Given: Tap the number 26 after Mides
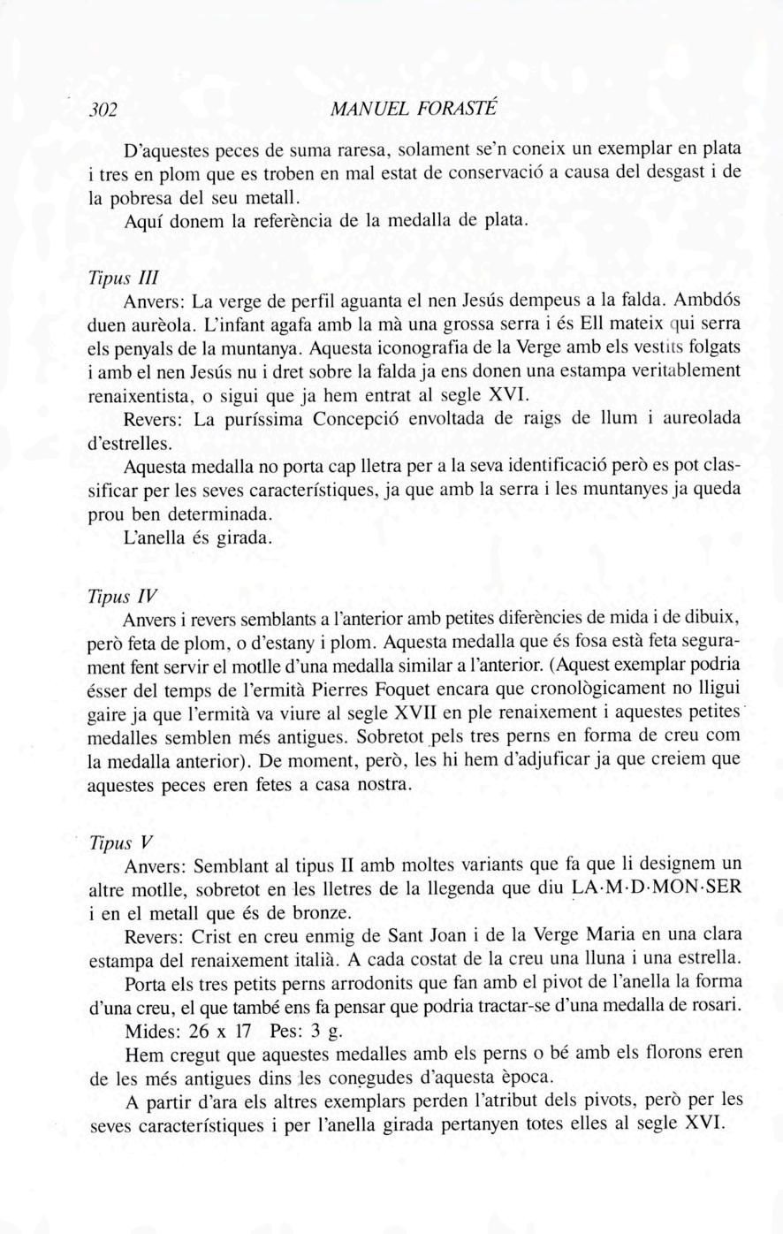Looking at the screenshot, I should (200, 1032).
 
